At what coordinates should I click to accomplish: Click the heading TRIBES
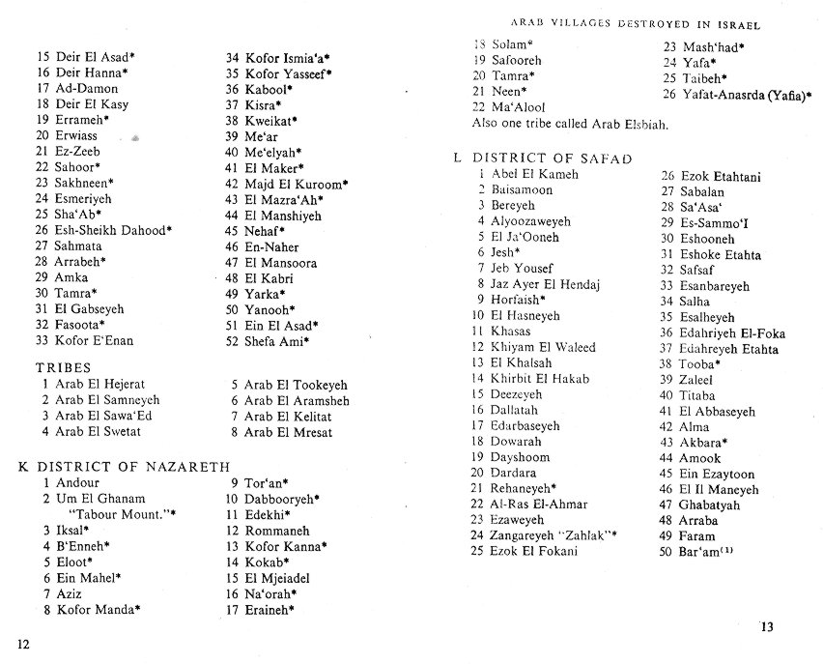(x=63, y=368)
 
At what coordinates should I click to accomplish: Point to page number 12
(x=23, y=644)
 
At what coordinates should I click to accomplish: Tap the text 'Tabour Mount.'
(x=113, y=514)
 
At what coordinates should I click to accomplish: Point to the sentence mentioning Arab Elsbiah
(x=571, y=124)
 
